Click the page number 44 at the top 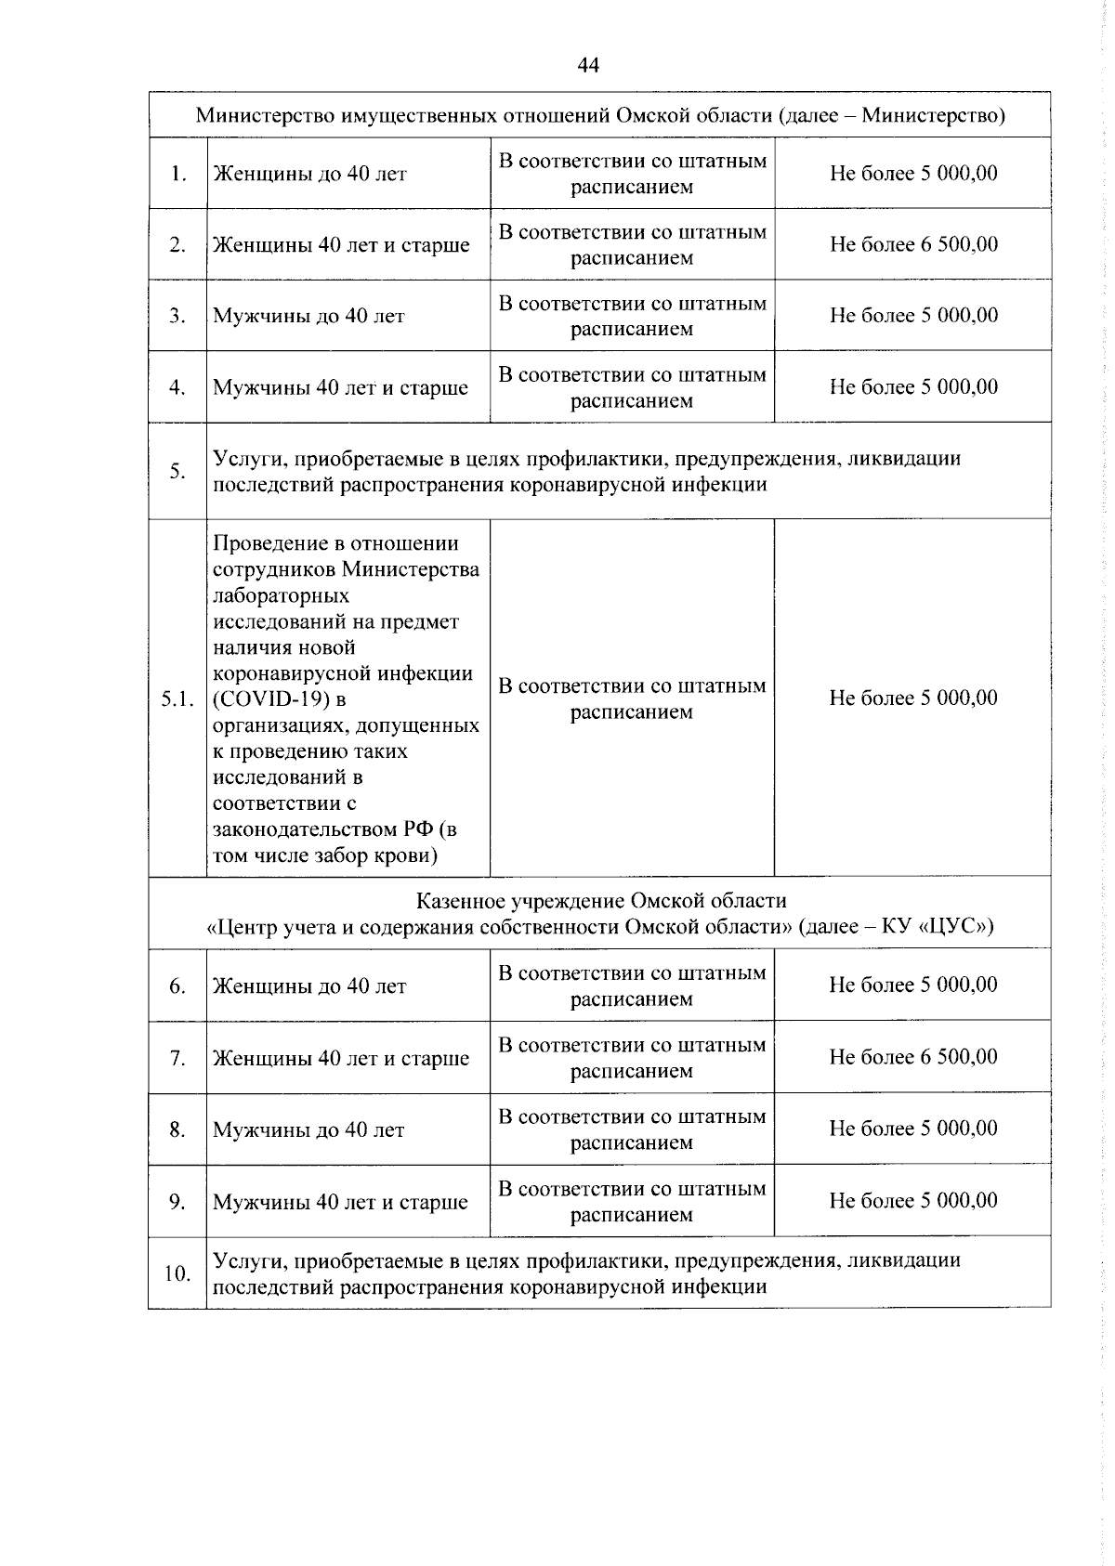coord(588,65)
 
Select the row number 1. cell coord(177,174)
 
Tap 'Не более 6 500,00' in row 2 coord(913,244)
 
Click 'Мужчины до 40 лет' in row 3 coord(308,316)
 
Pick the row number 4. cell coord(177,387)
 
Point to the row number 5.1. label coord(177,699)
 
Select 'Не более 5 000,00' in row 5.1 coord(912,698)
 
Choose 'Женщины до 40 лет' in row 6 coord(309,986)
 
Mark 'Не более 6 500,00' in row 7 coord(912,1057)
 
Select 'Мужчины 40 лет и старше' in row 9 coord(340,1203)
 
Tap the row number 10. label coord(177,1273)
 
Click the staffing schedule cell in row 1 coord(632,174)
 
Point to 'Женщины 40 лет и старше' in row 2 coord(341,245)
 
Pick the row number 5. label coord(177,471)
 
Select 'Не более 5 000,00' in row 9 coord(912,1201)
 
